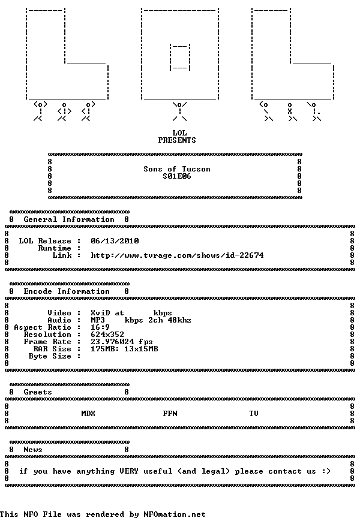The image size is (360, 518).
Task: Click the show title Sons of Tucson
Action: [177, 169]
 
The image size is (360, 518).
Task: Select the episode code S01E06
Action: [177, 176]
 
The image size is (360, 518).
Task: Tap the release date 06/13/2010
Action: [115, 241]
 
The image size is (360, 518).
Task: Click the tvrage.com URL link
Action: [177, 255]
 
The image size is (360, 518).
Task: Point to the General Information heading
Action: [69, 219]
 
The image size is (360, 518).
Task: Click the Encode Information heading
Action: [67, 291]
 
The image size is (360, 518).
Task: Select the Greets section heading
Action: [38, 392]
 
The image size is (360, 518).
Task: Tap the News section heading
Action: [33, 450]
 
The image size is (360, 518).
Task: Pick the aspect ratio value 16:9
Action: [100, 327]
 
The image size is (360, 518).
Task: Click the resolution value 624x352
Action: [107, 335]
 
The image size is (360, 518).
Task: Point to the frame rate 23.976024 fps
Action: [122, 342]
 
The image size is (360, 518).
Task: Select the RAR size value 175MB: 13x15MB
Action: [124, 349]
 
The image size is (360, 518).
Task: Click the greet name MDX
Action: [88, 414]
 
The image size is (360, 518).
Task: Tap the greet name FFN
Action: [170, 414]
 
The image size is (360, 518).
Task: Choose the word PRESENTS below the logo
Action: [177, 140]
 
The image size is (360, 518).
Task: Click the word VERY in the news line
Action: [129, 471]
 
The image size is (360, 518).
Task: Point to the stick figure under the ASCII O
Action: [180, 112]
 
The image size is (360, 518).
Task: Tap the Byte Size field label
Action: [50, 357]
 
